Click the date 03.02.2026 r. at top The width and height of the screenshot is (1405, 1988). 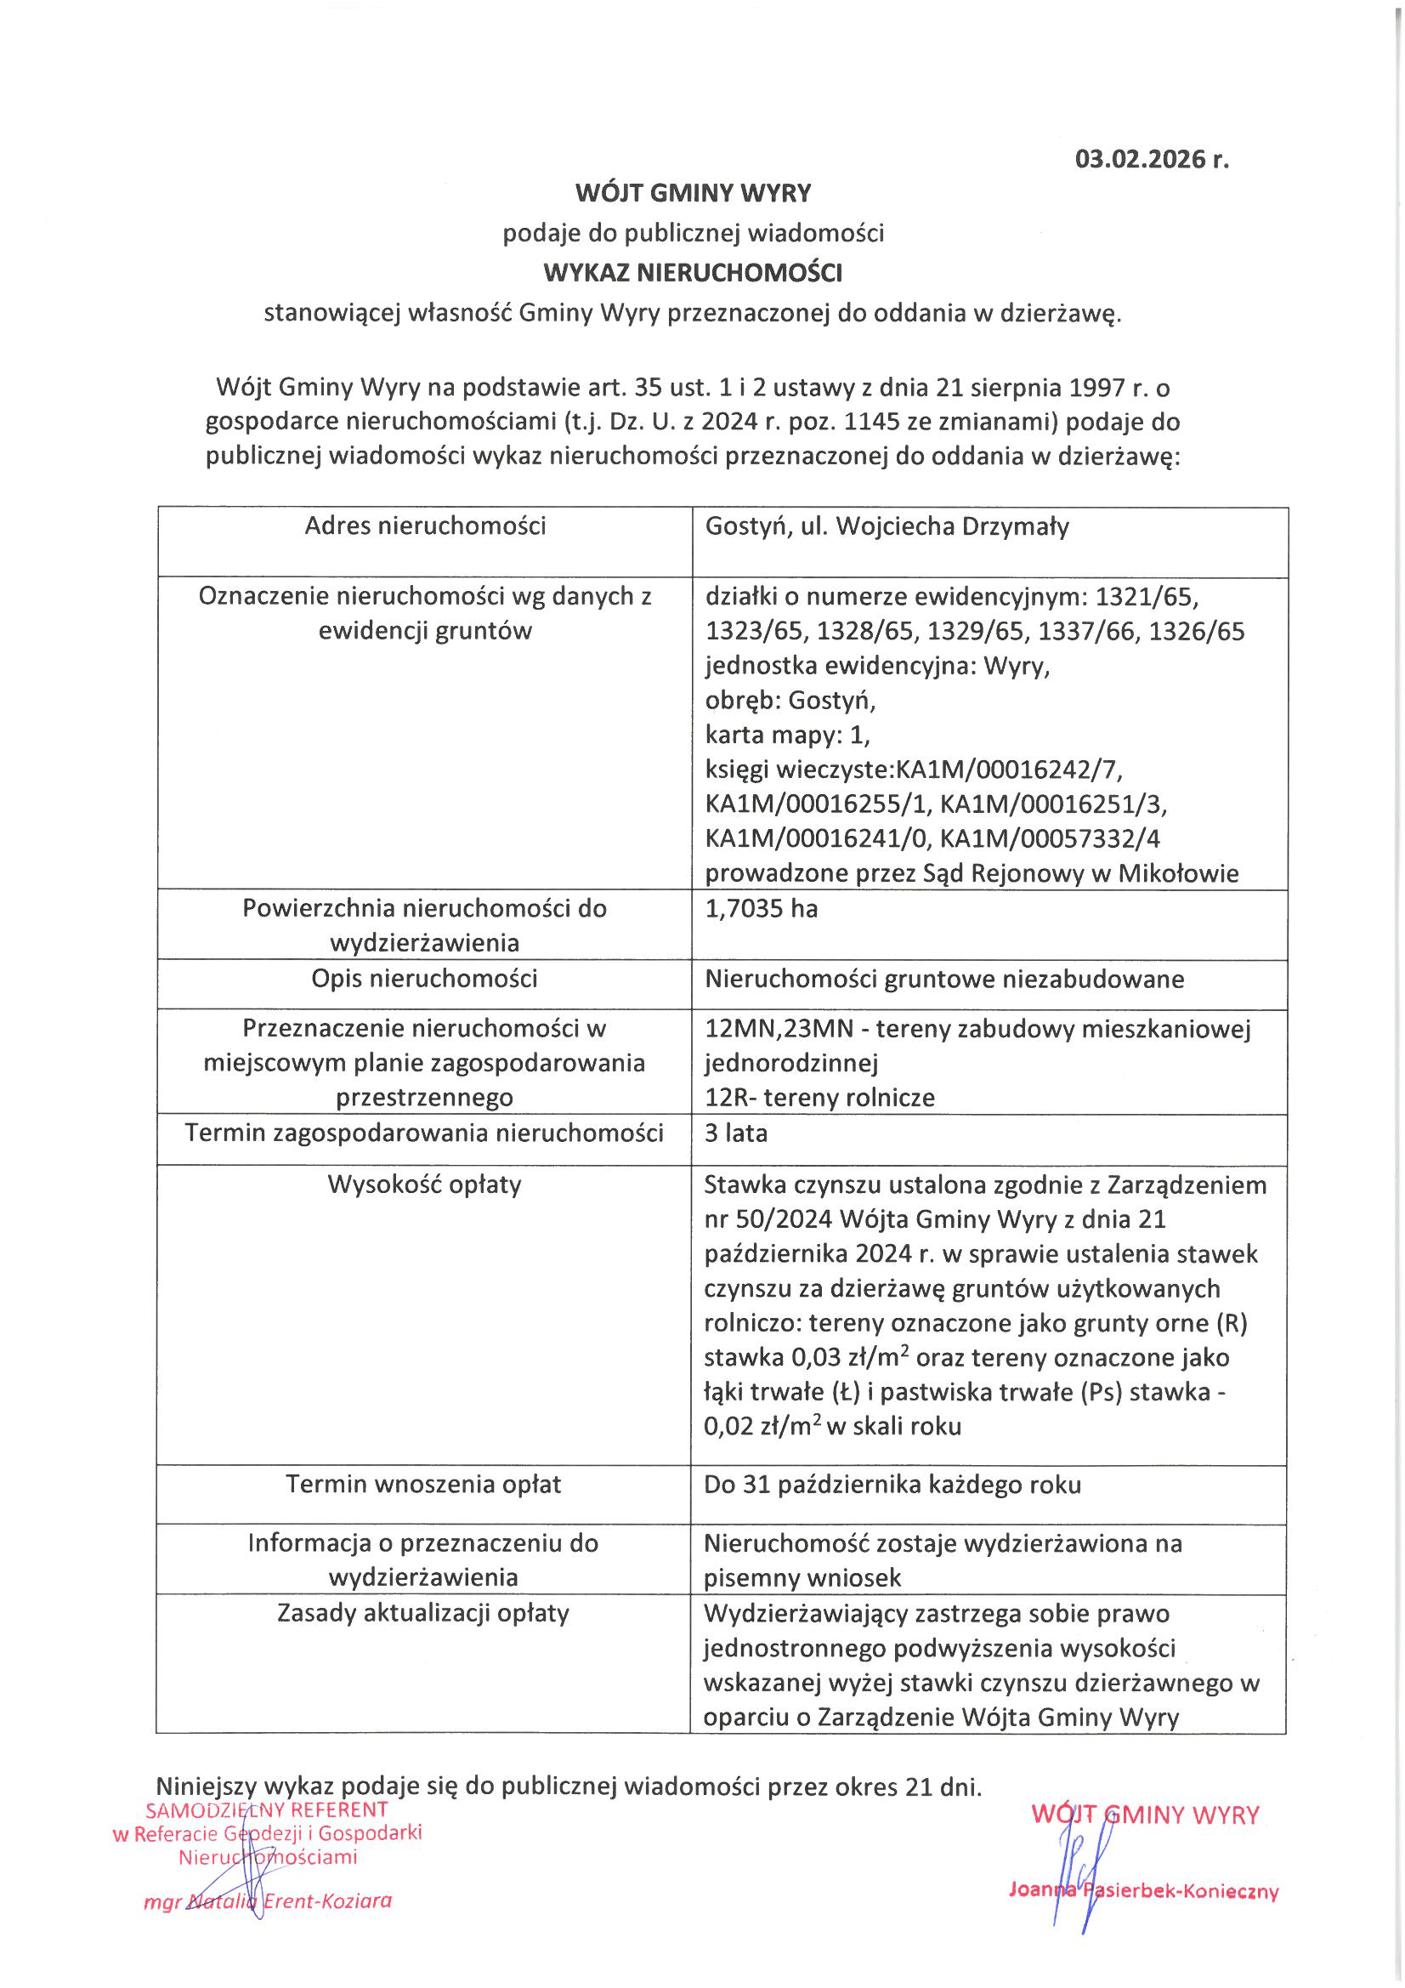pos(1151,159)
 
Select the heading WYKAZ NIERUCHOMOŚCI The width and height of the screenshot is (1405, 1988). pos(693,273)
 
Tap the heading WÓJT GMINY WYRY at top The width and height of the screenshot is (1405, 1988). pos(693,192)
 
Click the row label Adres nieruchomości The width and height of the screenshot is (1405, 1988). pos(425,525)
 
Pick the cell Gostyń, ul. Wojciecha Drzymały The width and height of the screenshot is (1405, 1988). pos(887,526)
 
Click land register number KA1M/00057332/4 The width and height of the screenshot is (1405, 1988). pos(1049,838)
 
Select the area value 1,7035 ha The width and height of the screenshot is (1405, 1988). pos(761,908)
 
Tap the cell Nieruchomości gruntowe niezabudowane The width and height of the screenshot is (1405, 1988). pos(943,980)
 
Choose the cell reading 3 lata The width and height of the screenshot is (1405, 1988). pos(736,1133)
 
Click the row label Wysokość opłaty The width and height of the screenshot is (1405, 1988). pos(424,1184)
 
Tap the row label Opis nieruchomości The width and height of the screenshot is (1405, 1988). pos(424,979)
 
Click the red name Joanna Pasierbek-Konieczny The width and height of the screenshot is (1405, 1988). pos(1142,1890)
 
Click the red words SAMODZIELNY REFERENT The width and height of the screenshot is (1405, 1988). pos(267,1809)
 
